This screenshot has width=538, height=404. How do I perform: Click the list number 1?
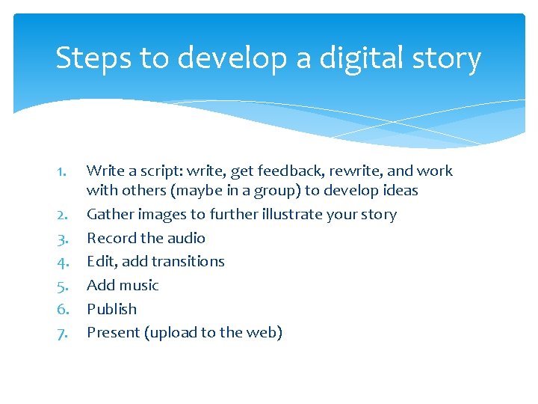[62, 171]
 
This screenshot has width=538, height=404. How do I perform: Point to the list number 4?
[63, 262]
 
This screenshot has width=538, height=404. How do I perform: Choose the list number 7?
[63, 333]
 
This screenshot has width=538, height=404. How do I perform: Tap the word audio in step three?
[187, 238]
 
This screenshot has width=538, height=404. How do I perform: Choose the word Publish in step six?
[111, 309]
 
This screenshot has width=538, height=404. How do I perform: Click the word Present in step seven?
[113, 332]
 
